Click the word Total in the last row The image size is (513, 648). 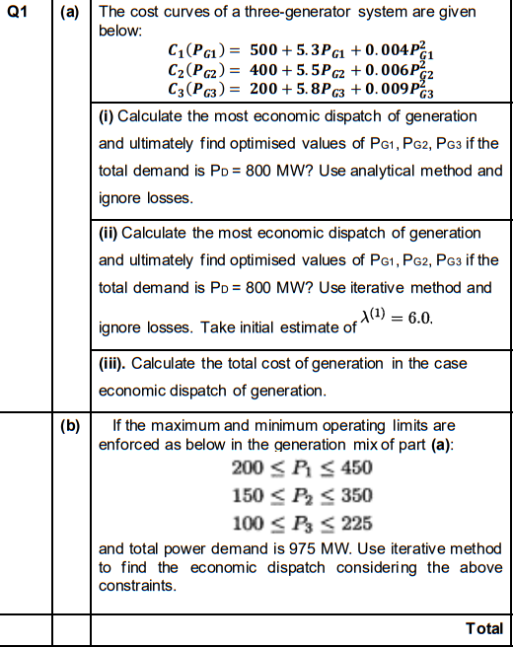[483, 628]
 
